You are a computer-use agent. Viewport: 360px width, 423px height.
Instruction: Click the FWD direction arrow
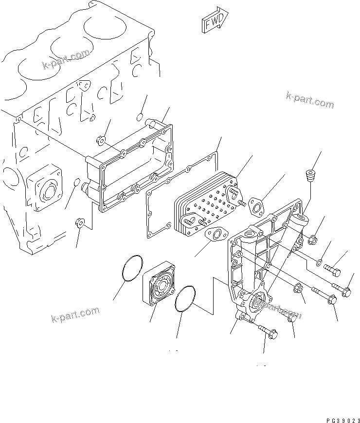212,20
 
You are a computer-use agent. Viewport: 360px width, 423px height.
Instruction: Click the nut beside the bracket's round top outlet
314,239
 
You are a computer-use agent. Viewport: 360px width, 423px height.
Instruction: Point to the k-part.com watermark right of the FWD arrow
310,100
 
